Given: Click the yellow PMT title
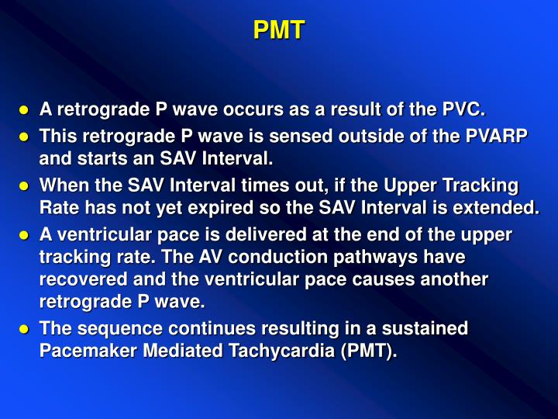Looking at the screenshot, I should pos(279,30).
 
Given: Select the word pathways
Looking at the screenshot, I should pos(410,257).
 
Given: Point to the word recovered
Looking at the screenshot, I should pos(81,279).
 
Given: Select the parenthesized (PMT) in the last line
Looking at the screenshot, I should pos(365,351).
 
